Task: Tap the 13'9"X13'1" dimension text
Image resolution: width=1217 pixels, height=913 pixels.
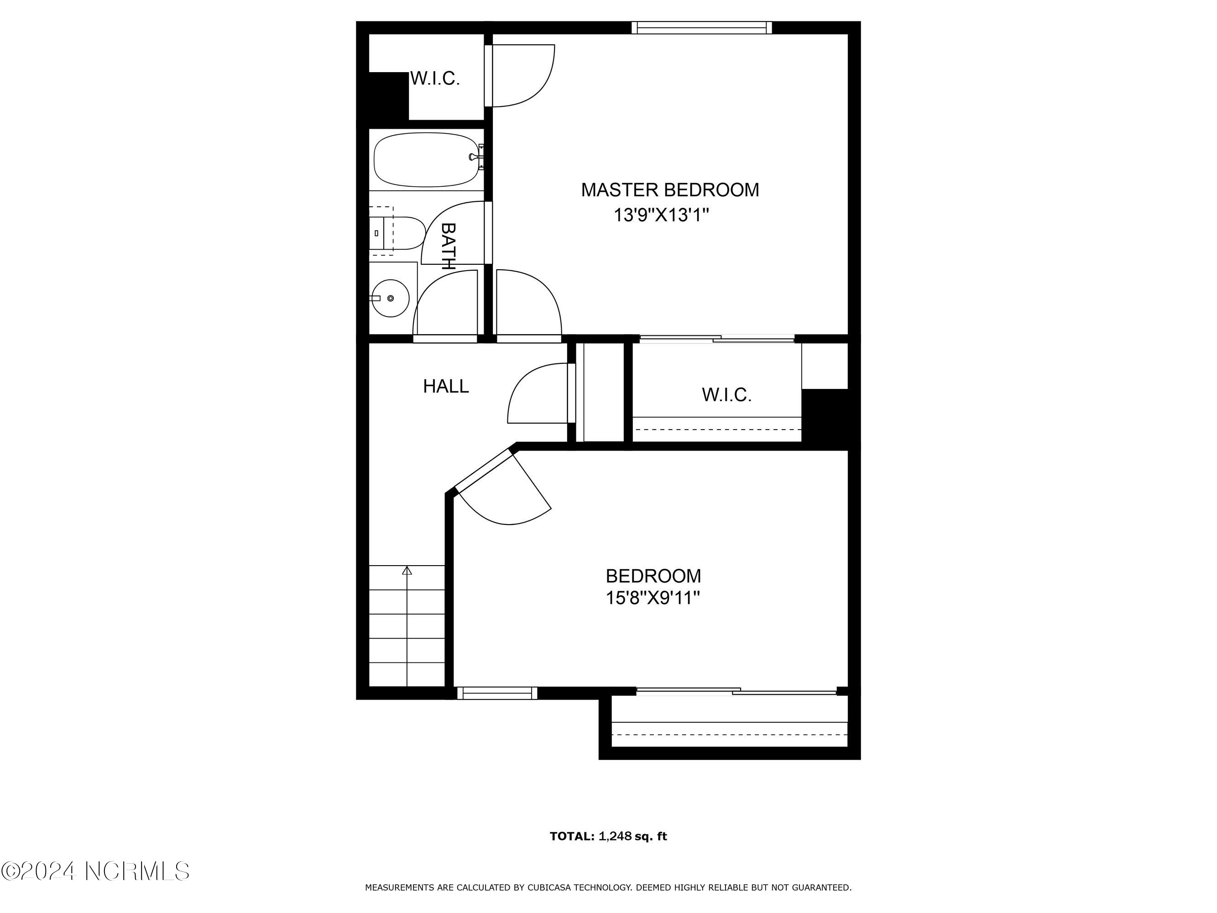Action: (661, 215)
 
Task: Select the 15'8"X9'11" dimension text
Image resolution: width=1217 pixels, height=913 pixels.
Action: (653, 598)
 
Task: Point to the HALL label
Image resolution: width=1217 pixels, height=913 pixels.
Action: (446, 386)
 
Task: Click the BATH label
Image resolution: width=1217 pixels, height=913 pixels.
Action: (449, 246)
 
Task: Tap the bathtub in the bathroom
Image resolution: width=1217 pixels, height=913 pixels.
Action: (426, 160)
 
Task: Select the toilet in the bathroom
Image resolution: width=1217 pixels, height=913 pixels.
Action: (397, 233)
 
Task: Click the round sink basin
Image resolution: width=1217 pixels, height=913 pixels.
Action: (390, 298)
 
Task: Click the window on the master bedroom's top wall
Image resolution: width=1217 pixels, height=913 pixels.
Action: (701, 27)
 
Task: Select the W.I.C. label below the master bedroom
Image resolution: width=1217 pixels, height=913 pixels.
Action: (727, 394)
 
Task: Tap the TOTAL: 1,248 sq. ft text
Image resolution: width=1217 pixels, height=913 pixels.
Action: (609, 836)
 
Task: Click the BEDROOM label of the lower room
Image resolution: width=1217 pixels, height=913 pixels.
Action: (653, 576)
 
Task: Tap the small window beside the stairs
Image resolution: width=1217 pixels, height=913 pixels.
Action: (497, 693)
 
